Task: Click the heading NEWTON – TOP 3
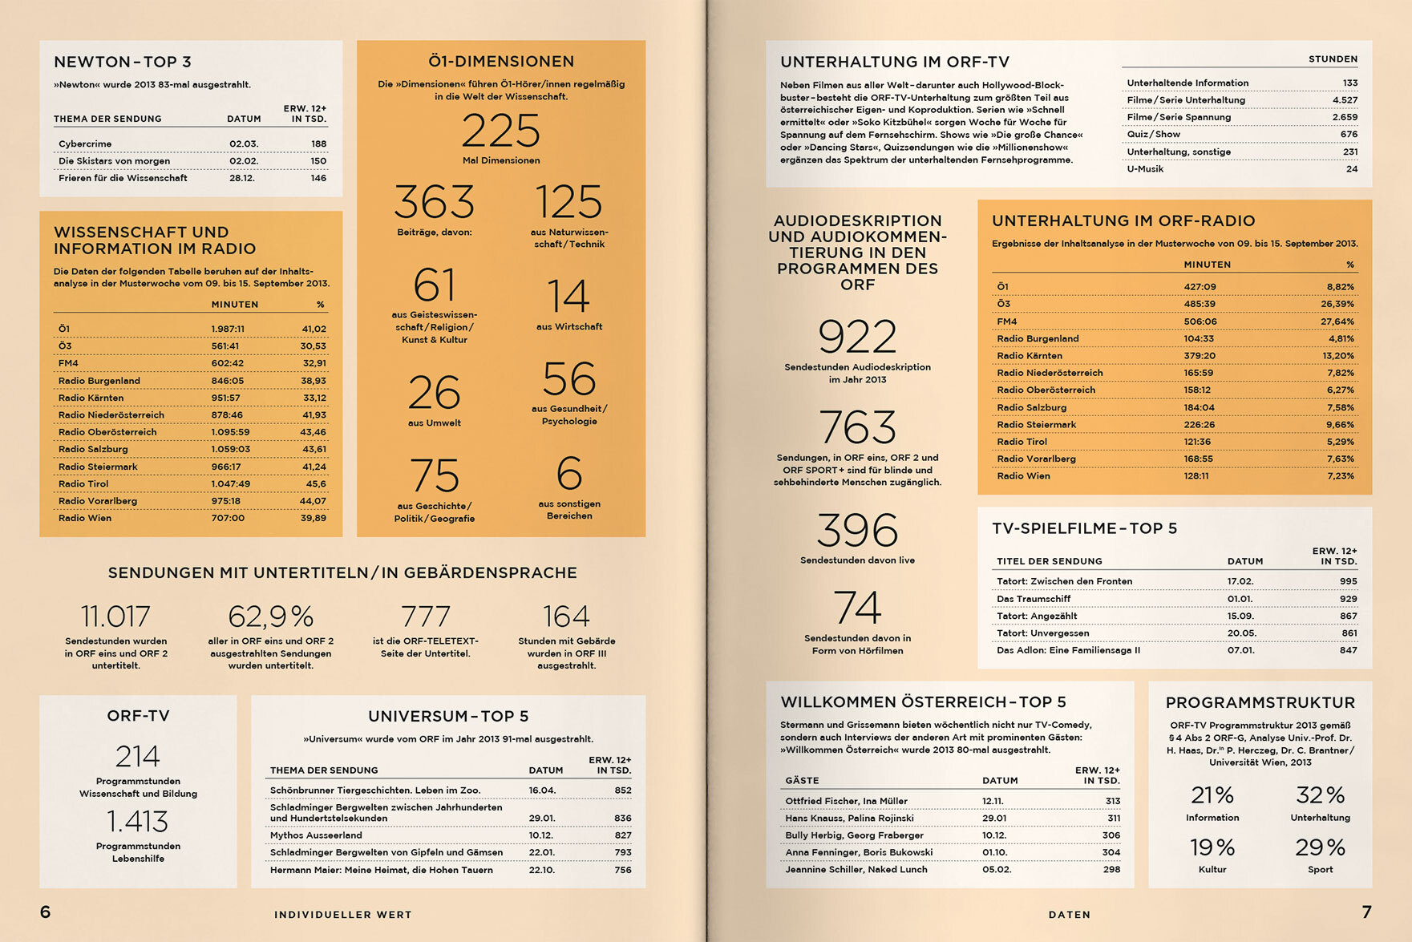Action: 123,62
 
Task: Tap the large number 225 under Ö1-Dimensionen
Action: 501,131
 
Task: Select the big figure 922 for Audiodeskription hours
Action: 857,337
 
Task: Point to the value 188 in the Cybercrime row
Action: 318,144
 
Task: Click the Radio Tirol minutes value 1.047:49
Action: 231,484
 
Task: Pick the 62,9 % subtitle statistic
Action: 271,617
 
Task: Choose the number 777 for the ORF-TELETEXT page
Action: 426,617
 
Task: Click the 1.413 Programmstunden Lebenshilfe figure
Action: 138,821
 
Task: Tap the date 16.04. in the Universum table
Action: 542,790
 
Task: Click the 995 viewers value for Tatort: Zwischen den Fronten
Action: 1348,581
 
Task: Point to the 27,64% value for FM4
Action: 1337,321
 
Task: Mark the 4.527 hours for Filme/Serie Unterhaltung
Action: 1345,100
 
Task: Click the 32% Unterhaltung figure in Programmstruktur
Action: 1320,795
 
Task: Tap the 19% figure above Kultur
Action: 1212,847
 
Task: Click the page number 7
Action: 1366,912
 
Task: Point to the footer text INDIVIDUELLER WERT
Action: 343,915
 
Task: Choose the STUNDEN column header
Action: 1333,59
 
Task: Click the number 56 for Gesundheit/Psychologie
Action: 569,378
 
